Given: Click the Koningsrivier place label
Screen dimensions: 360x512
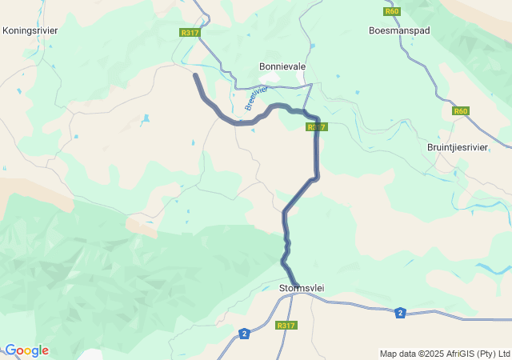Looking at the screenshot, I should (30, 30).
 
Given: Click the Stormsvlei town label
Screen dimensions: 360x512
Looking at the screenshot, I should (302, 288).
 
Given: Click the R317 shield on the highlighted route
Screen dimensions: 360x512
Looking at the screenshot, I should (316, 127).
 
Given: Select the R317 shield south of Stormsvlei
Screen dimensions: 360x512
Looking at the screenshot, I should (286, 326).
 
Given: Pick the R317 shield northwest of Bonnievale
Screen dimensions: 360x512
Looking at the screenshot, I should (189, 33).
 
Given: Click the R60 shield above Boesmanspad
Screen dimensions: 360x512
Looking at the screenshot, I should (391, 11).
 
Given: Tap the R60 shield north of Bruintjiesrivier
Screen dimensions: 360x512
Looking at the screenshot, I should (460, 111).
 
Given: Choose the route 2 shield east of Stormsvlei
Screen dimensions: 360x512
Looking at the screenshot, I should (399, 313).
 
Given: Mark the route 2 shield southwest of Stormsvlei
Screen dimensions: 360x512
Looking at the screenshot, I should (244, 333).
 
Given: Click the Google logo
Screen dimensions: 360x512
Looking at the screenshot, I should (26, 350).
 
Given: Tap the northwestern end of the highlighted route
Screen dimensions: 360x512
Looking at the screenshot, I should (195, 74).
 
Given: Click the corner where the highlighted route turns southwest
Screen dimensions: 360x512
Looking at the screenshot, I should (317, 177).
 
